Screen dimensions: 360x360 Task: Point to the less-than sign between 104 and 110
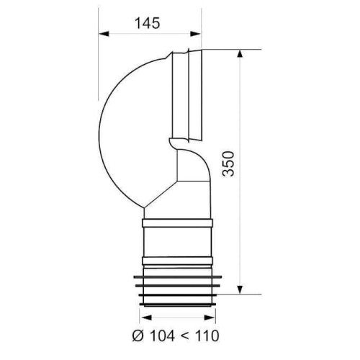[x=183, y=335]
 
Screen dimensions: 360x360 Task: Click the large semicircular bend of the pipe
[x=126, y=130]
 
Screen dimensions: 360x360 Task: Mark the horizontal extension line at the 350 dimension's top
[x=230, y=49]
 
